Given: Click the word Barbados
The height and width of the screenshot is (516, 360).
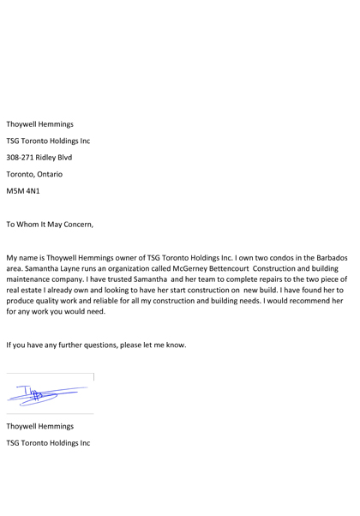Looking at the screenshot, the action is [330, 257].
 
